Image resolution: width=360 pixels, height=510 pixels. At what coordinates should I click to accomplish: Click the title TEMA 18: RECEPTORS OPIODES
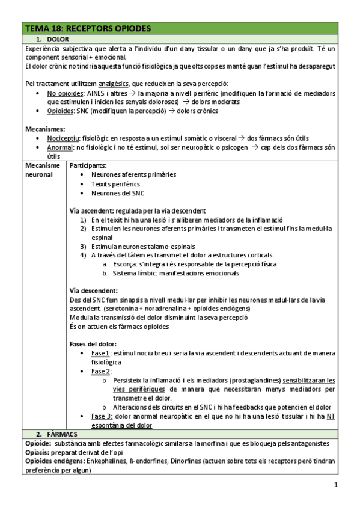[x=88, y=28]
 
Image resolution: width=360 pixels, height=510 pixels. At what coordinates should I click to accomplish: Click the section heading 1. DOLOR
[x=57, y=39]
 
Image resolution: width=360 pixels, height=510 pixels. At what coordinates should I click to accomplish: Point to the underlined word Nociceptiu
[x=63, y=138]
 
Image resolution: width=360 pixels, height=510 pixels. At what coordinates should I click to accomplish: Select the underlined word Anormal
[x=60, y=147]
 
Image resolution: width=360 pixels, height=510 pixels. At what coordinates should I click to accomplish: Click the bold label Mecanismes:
[x=46, y=129]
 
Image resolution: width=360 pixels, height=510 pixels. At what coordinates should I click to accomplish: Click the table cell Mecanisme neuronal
[x=43, y=170]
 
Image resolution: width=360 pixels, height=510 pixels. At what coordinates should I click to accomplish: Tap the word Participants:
[x=88, y=165]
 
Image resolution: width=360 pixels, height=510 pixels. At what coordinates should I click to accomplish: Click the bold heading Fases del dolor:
[x=93, y=344]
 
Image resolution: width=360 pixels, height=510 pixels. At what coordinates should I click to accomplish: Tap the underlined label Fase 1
[x=100, y=353]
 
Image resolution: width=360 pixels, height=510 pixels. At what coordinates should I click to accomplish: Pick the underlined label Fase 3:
[x=102, y=416]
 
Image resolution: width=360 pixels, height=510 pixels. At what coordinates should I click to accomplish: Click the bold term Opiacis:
[x=39, y=452]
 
